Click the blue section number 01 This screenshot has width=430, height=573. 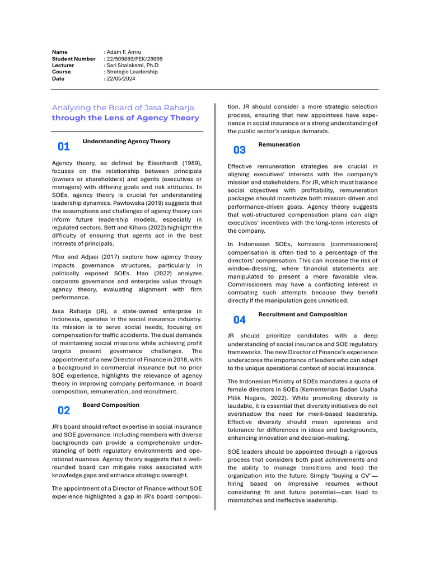(x=64, y=147)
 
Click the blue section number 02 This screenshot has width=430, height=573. (x=64, y=410)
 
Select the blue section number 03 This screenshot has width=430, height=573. (x=239, y=150)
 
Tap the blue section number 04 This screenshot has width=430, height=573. (x=239, y=320)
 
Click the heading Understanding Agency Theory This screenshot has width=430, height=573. (x=127, y=142)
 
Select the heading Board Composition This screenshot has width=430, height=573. (x=111, y=405)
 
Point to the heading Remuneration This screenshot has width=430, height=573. (x=279, y=144)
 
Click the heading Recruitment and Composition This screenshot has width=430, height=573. (x=302, y=314)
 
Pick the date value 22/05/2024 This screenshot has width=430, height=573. (x=121, y=79)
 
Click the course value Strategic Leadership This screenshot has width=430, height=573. (x=133, y=72)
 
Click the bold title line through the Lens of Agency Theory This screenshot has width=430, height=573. (x=125, y=118)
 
